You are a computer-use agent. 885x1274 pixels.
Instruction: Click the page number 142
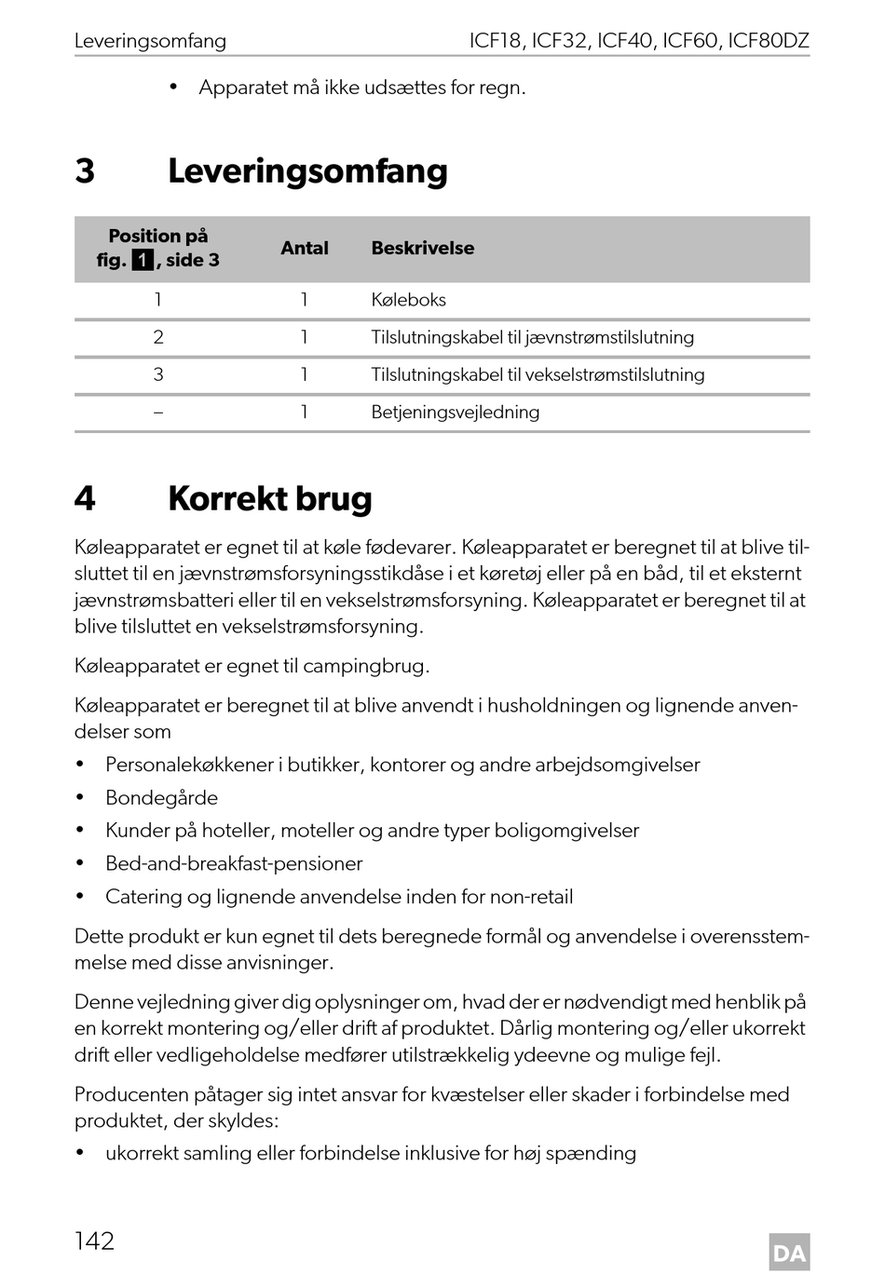coord(94,1240)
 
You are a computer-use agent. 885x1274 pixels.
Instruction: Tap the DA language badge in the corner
coord(789,1253)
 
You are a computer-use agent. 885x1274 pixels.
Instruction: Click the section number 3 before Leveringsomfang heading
coord(85,171)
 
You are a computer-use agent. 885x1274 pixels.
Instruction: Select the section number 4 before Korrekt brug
coord(85,499)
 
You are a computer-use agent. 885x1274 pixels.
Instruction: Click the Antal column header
coord(305,249)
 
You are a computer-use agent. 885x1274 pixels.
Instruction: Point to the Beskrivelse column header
coord(422,249)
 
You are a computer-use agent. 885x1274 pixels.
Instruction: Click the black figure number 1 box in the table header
coord(143,261)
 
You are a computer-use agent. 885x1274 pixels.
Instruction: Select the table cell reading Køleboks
coord(408,300)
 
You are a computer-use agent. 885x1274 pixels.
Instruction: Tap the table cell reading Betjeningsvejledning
coord(455,412)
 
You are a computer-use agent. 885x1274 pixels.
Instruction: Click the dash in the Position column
coord(158,412)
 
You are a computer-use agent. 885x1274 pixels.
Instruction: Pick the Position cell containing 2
coord(158,337)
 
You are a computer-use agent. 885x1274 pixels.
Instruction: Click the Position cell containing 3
coord(158,374)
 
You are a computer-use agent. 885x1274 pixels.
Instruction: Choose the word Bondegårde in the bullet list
coord(161,798)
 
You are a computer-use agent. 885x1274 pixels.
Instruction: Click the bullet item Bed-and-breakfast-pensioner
coord(234,863)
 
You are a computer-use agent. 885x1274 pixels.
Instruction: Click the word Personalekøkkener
coord(189,765)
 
